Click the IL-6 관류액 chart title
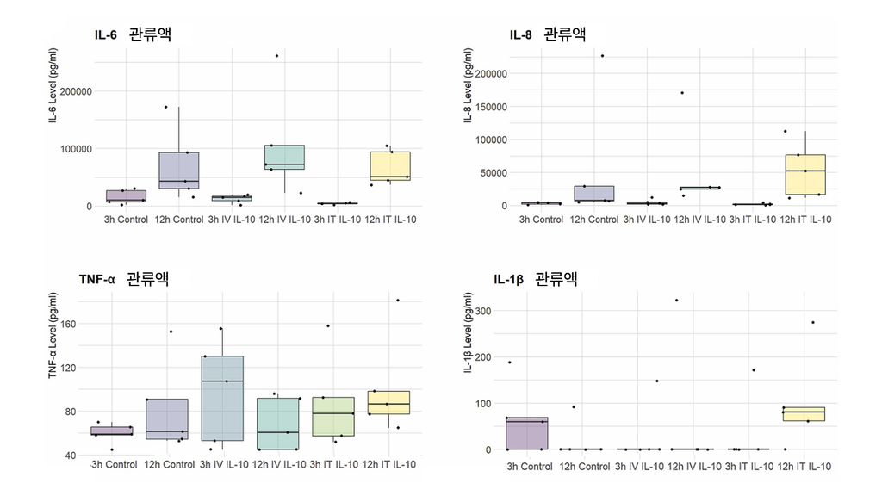tap(133, 34)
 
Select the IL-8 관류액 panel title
tap(548, 34)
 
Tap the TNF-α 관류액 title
tap(124, 278)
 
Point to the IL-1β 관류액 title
tap(536, 278)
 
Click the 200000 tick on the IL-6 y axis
tap(76, 91)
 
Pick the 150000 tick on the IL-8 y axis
tap(491, 107)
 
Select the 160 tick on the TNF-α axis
tap(68, 324)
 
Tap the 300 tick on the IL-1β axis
tap(483, 311)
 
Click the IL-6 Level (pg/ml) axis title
tap(53, 85)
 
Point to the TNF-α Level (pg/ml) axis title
tap(53, 335)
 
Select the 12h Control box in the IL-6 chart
tap(179, 170)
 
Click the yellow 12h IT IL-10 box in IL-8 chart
tap(805, 174)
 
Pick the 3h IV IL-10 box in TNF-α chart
tap(223, 398)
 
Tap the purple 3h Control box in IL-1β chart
tap(527, 434)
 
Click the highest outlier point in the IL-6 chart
tap(276, 56)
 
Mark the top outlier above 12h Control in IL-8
tap(602, 56)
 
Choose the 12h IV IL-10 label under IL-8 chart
tap(699, 220)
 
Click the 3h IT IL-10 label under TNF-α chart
tap(333, 464)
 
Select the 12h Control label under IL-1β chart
tap(585, 466)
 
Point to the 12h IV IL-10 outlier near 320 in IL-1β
tap(676, 301)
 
